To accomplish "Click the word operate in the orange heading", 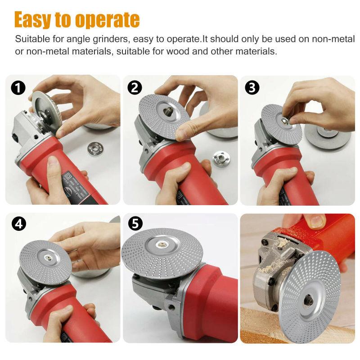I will [x=106, y=20].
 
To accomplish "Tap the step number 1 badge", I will [x=18, y=88].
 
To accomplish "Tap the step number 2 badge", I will [x=135, y=88].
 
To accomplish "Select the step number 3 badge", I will [x=252, y=88].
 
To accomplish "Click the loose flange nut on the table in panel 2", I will [x=221, y=159].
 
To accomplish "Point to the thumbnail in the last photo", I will [x=316, y=220].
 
